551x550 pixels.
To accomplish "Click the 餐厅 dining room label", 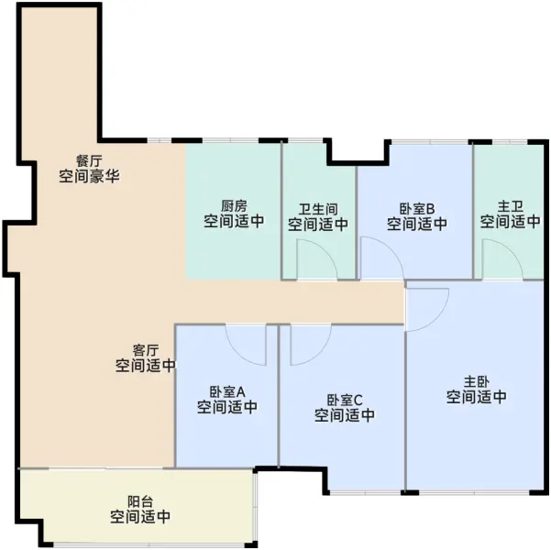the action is click(89, 161).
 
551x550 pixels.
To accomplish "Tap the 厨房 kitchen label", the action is click(234, 205).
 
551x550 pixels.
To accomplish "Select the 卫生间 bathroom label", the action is click(318, 209).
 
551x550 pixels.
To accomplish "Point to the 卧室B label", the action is click(417, 209).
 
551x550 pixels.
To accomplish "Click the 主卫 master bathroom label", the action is click(511, 206).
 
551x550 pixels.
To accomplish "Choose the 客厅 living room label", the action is click(146, 350).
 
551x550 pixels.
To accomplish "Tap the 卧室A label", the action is click(227, 391).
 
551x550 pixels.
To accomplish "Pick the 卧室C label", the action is click(345, 400).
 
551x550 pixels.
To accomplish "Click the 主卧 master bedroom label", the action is click(477, 381).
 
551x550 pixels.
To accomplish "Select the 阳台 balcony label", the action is click(140, 501).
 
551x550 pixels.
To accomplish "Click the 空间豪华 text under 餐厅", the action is click(89, 176).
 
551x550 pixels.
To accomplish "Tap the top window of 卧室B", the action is click(430, 142).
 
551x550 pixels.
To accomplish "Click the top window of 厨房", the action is click(230, 141).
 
